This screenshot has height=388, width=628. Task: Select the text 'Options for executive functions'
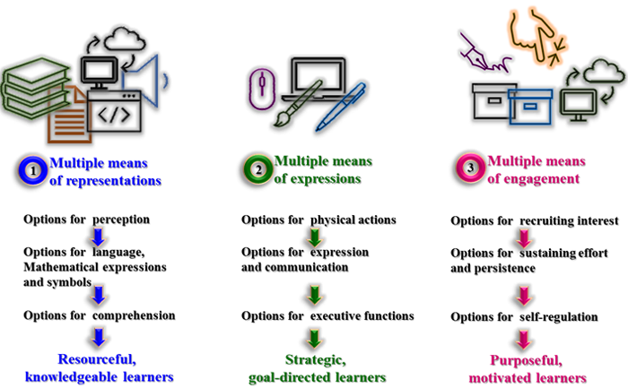click(x=327, y=315)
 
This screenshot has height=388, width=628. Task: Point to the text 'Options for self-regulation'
click(x=524, y=316)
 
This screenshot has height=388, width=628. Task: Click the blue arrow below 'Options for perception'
click(x=100, y=237)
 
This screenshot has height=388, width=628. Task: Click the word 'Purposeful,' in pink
click(x=525, y=362)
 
